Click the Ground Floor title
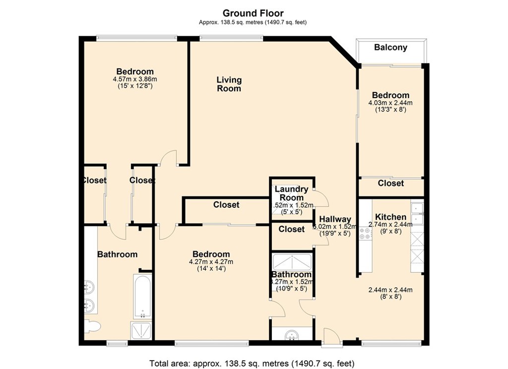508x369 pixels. click(253, 13)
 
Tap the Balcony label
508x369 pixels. click(390, 48)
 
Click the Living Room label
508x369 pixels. click(229, 84)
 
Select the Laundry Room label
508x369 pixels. click(292, 193)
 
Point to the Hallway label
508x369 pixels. click(335, 219)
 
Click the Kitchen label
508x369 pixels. click(390, 217)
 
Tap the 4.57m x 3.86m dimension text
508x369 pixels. click(135, 79)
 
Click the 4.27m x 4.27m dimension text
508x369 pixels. click(211, 262)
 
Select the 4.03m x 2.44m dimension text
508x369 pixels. click(390, 103)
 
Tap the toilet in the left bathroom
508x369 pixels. click(92, 326)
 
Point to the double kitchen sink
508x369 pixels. click(417, 212)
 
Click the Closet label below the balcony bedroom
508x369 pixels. click(390, 184)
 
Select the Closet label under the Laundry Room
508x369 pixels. click(291, 229)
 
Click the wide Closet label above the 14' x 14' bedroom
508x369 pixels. click(226, 204)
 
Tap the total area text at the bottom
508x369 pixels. click(252, 363)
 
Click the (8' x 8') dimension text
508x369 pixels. click(390, 297)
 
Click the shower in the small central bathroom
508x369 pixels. click(292, 262)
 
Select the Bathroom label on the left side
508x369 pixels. click(117, 254)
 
